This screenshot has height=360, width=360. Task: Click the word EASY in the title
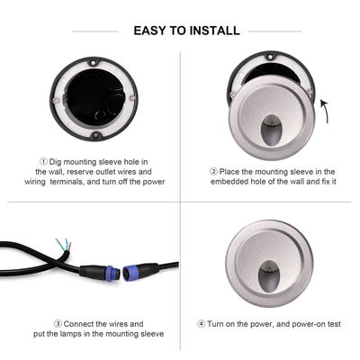pyautogui.click(x=150, y=31)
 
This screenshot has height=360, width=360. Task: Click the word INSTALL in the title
pyautogui.click(x=213, y=31)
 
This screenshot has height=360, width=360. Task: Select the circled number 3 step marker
pyautogui.click(x=58, y=322)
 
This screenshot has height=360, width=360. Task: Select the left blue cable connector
pyautogui.click(x=95, y=269)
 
